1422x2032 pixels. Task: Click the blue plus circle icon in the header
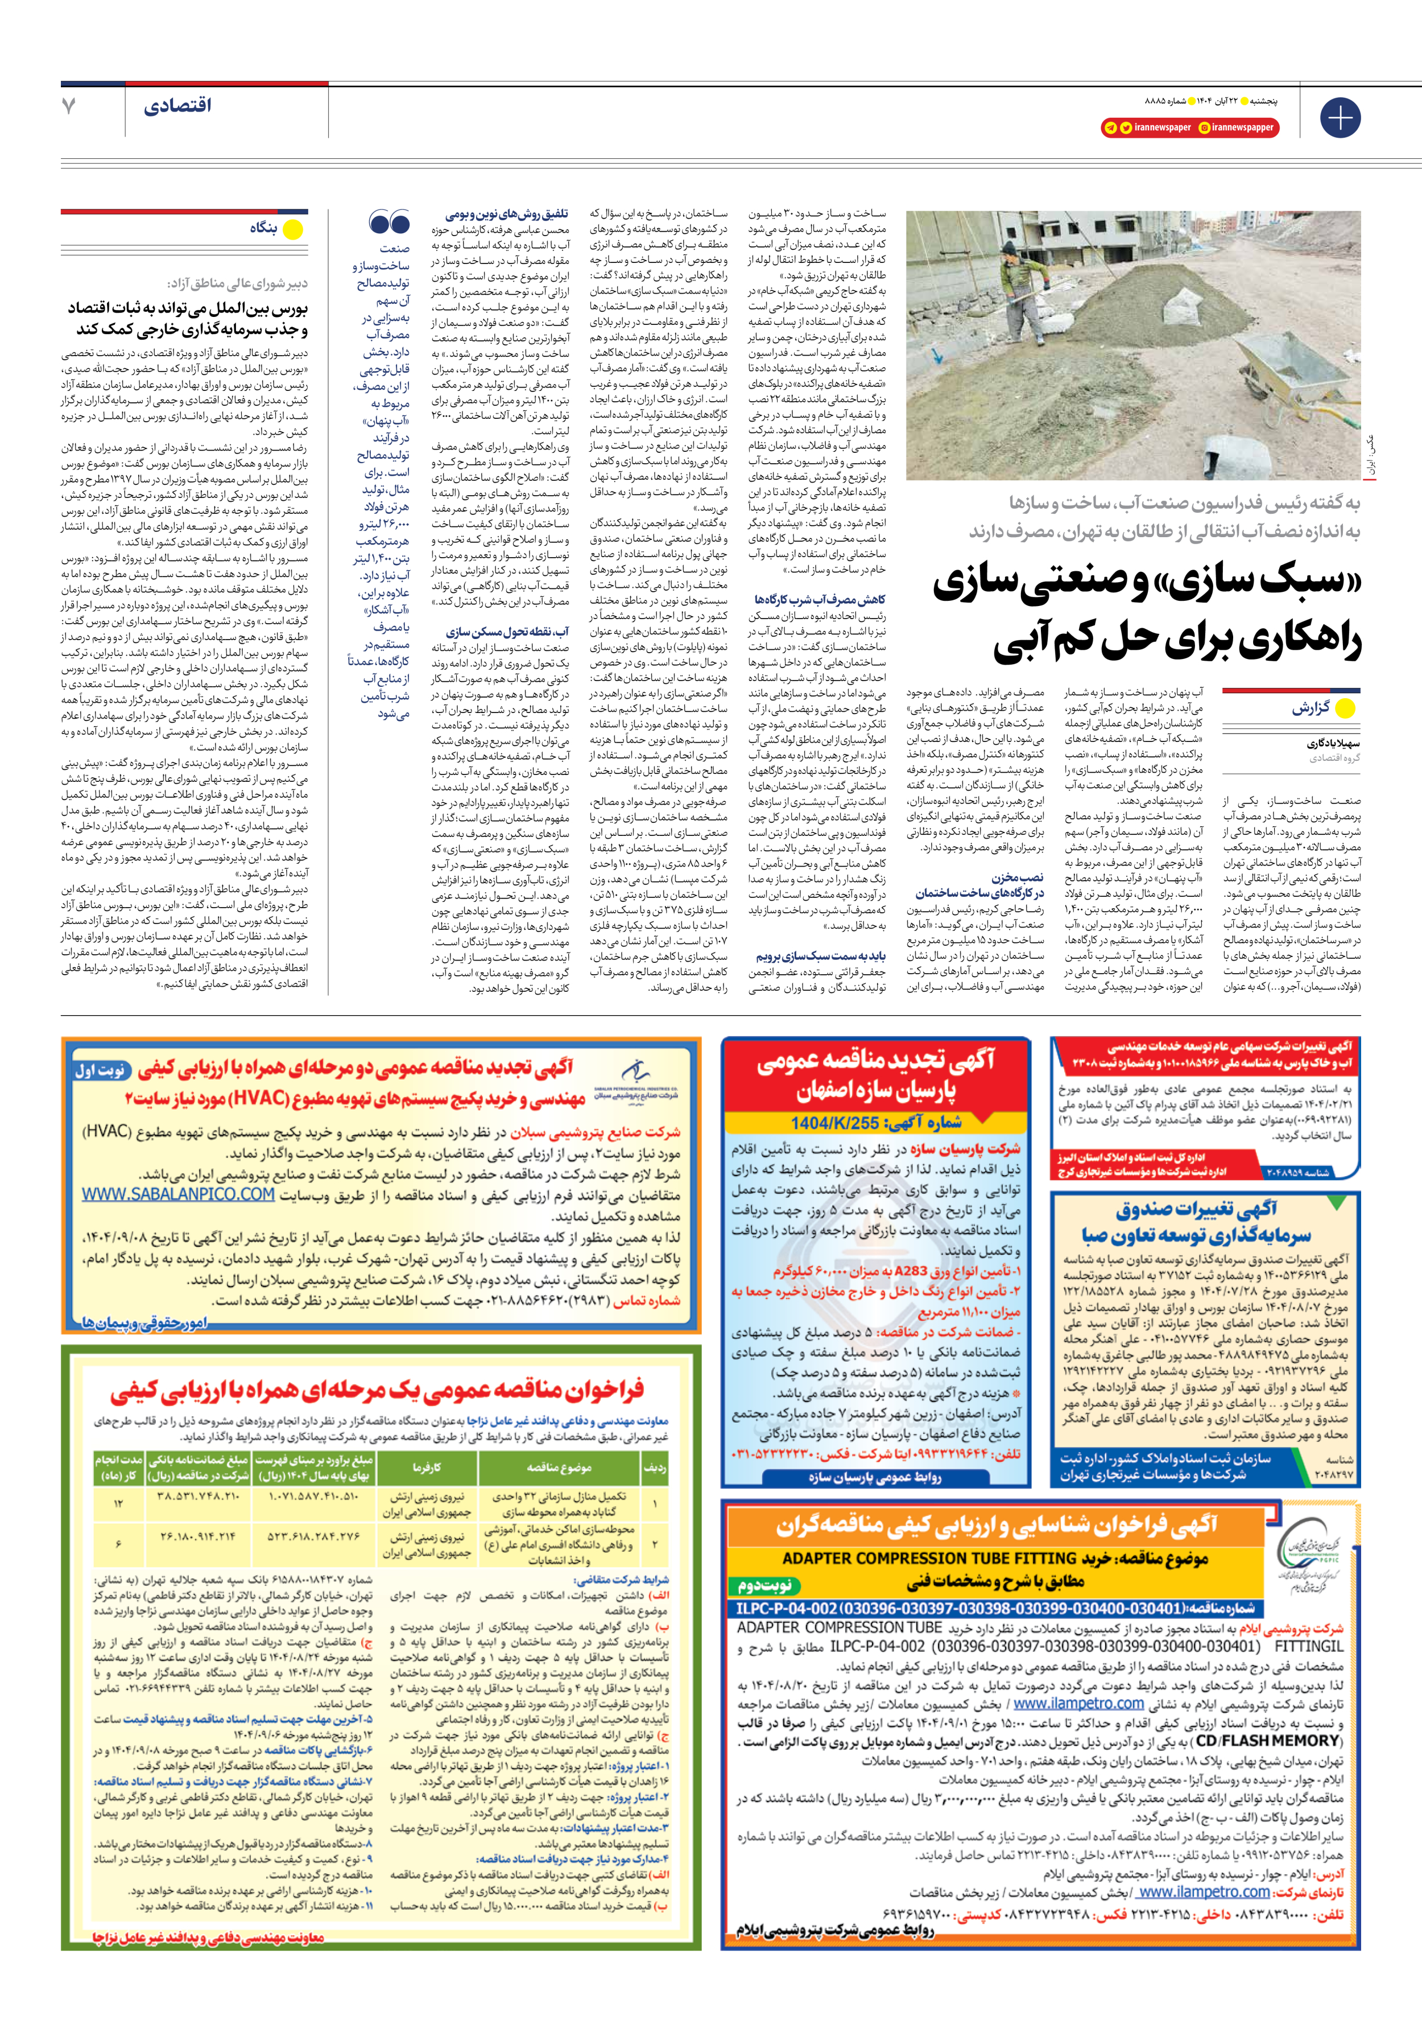(1340, 118)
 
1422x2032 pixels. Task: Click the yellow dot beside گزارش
(1344, 708)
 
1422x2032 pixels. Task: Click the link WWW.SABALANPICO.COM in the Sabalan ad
(179, 1194)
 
